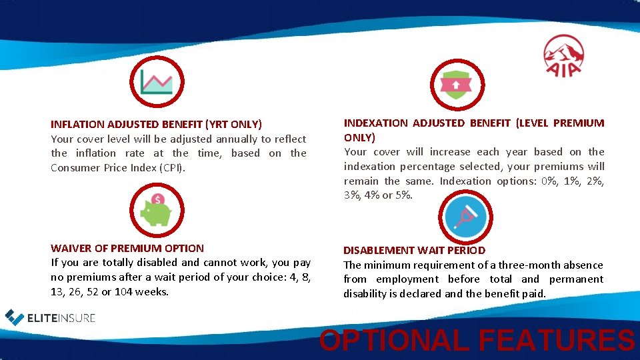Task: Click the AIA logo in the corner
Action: click(564, 55)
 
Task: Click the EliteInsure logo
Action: click(51, 317)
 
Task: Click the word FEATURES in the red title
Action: click(556, 340)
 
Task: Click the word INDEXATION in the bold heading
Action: click(375, 123)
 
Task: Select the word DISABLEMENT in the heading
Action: click(378, 251)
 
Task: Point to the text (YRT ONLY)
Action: click(234, 124)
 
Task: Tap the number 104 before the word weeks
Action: click(123, 291)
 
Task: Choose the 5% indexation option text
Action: click(404, 195)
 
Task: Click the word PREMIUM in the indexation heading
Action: click(579, 123)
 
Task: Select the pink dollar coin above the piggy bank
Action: click(158, 199)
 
